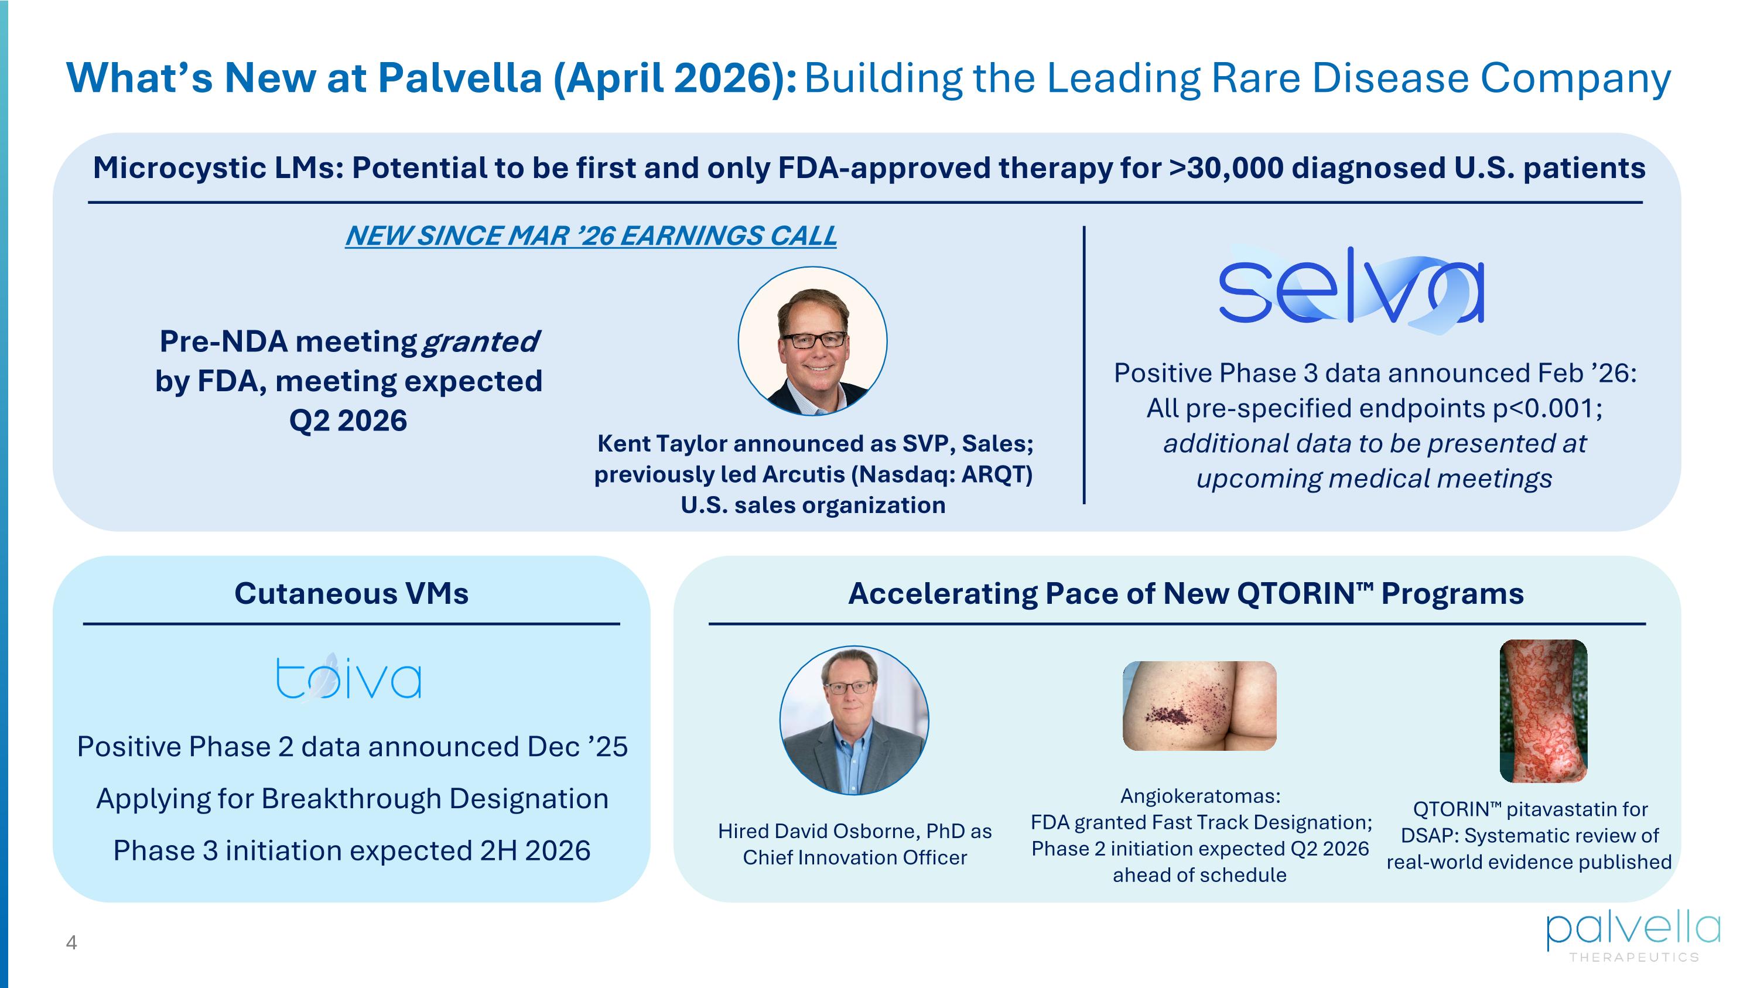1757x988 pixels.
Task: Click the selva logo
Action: point(1351,290)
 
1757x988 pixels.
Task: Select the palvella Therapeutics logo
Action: point(1633,937)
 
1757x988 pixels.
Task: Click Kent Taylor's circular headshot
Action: point(812,341)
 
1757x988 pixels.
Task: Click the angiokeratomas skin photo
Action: point(1199,706)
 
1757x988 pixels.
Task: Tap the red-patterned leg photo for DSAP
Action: point(1543,710)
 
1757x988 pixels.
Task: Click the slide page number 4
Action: point(71,943)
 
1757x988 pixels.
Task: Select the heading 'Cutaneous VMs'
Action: point(351,593)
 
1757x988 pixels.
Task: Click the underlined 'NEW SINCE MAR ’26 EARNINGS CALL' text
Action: point(591,236)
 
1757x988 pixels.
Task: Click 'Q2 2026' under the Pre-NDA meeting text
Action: point(348,421)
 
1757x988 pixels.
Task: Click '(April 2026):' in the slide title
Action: point(674,79)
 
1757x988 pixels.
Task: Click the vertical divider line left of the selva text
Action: point(1084,365)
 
